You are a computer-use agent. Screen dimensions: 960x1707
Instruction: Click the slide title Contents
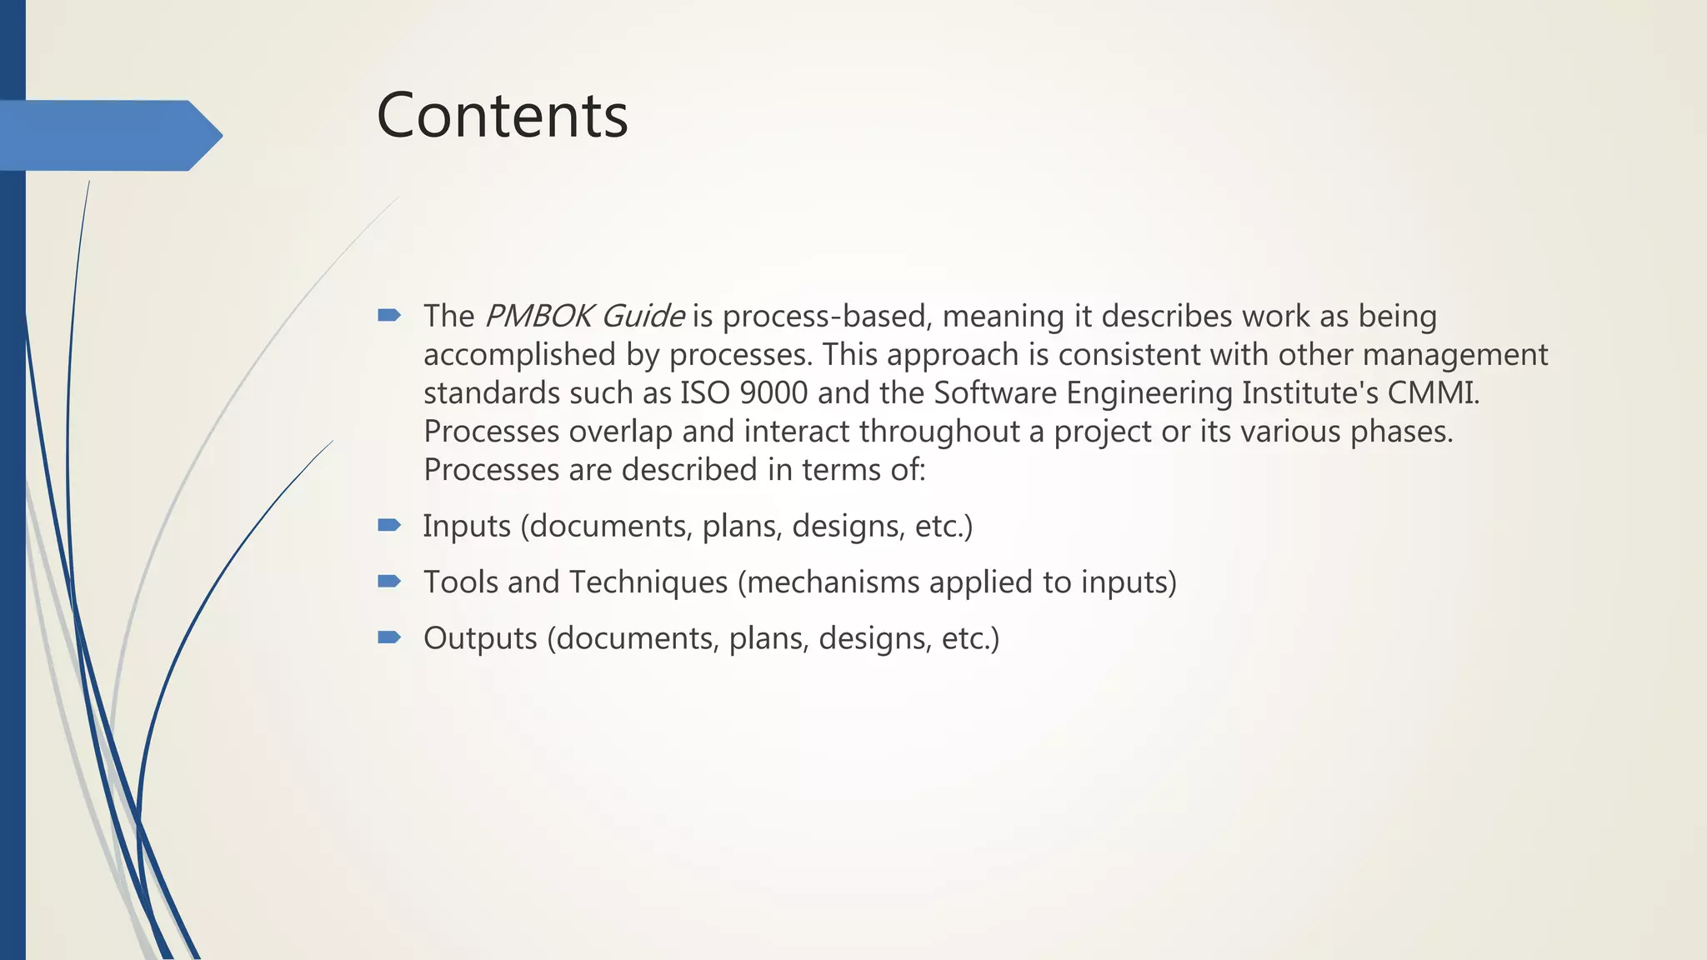pyautogui.click(x=502, y=115)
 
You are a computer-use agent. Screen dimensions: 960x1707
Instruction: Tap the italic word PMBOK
pyautogui.click(x=538, y=317)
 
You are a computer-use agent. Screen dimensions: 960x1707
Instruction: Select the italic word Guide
pyautogui.click(x=643, y=317)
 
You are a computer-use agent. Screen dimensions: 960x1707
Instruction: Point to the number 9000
pyautogui.click(x=773, y=392)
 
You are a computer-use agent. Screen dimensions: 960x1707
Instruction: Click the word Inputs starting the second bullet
pyautogui.click(x=467, y=527)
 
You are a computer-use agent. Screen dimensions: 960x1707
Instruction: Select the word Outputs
pyautogui.click(x=480, y=638)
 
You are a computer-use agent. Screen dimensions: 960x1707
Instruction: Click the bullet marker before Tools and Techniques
pyautogui.click(x=389, y=581)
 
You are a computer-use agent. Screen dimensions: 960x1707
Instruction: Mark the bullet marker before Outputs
pyautogui.click(x=389, y=637)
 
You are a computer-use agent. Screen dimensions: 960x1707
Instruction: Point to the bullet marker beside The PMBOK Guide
pyautogui.click(x=389, y=315)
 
